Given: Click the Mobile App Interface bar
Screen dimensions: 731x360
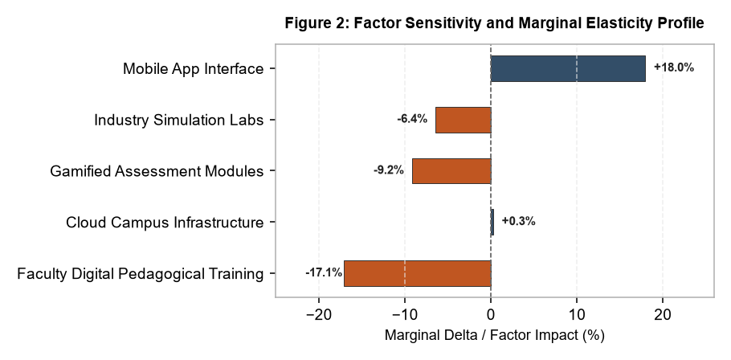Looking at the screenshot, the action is pos(568,68).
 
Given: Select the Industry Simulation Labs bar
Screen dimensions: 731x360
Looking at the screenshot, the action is pos(464,120).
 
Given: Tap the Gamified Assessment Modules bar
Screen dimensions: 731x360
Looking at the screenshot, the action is pos(451,171).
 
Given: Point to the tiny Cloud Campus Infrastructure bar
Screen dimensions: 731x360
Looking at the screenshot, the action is pos(492,222).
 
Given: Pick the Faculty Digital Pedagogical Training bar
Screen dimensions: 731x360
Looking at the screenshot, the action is pos(418,273).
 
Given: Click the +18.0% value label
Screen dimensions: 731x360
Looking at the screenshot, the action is pos(674,67).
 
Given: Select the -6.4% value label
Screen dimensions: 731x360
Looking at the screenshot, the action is pos(412,119).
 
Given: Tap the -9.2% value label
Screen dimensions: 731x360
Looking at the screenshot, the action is pos(388,170).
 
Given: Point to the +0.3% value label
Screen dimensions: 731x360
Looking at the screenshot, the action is pos(518,221).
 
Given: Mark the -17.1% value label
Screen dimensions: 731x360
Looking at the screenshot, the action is pos(324,272).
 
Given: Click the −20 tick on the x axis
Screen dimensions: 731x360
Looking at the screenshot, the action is pos(319,315).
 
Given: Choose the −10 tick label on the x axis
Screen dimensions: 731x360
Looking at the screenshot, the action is pos(405,315).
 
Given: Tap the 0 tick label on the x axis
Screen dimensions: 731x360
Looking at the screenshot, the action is pos(491,315).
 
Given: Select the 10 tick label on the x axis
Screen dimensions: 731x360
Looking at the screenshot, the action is pos(577,315).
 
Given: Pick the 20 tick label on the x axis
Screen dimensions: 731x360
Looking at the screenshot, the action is pos(663,315).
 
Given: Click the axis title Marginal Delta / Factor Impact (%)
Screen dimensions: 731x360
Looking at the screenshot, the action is pos(494,335).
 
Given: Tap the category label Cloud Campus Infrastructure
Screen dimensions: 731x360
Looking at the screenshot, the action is pos(165,223).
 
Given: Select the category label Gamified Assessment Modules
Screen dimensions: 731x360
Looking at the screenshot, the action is pos(157,171).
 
